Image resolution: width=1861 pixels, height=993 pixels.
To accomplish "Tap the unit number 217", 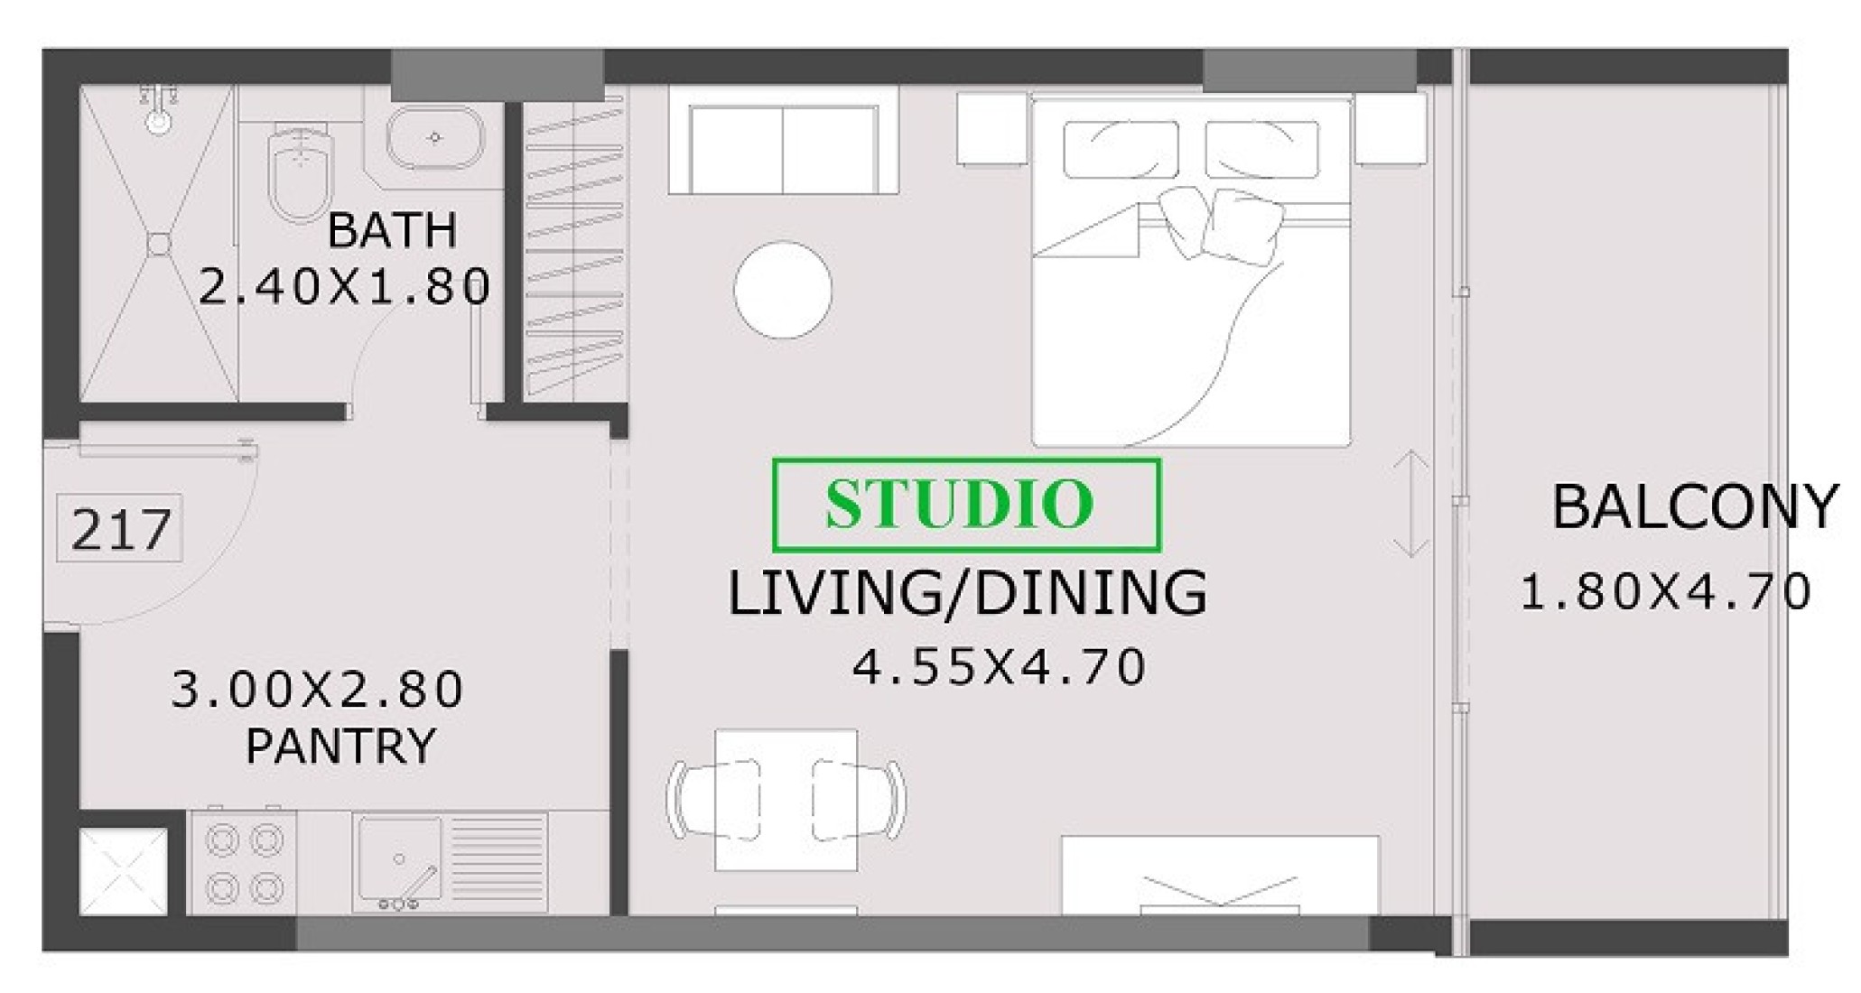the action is [x=120, y=529].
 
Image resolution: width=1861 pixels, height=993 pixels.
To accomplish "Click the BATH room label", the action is [x=392, y=230].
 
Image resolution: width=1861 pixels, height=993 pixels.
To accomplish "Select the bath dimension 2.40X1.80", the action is [x=344, y=287].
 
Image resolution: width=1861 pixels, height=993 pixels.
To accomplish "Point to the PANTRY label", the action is [x=340, y=746].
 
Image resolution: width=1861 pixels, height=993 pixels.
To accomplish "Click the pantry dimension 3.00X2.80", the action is [x=317, y=689].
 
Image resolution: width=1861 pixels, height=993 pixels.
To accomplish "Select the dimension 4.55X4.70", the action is [x=1000, y=667].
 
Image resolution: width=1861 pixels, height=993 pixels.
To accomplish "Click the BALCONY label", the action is [x=1695, y=506].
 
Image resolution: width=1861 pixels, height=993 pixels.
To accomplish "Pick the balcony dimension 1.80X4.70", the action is [x=1666, y=592].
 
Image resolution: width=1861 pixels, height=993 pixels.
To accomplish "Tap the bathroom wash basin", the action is [x=435, y=138].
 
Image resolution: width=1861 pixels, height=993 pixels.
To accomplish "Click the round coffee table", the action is [x=783, y=290].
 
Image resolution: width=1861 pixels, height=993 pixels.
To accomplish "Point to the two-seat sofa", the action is [x=783, y=148].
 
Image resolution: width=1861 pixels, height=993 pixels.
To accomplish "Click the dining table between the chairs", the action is [x=786, y=800].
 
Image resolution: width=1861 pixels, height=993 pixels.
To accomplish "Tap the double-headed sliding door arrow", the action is [x=1410, y=504].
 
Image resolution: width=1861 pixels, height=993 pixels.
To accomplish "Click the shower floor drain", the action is [x=159, y=244].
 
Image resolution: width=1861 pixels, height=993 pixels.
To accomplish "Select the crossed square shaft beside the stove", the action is [x=124, y=871].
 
